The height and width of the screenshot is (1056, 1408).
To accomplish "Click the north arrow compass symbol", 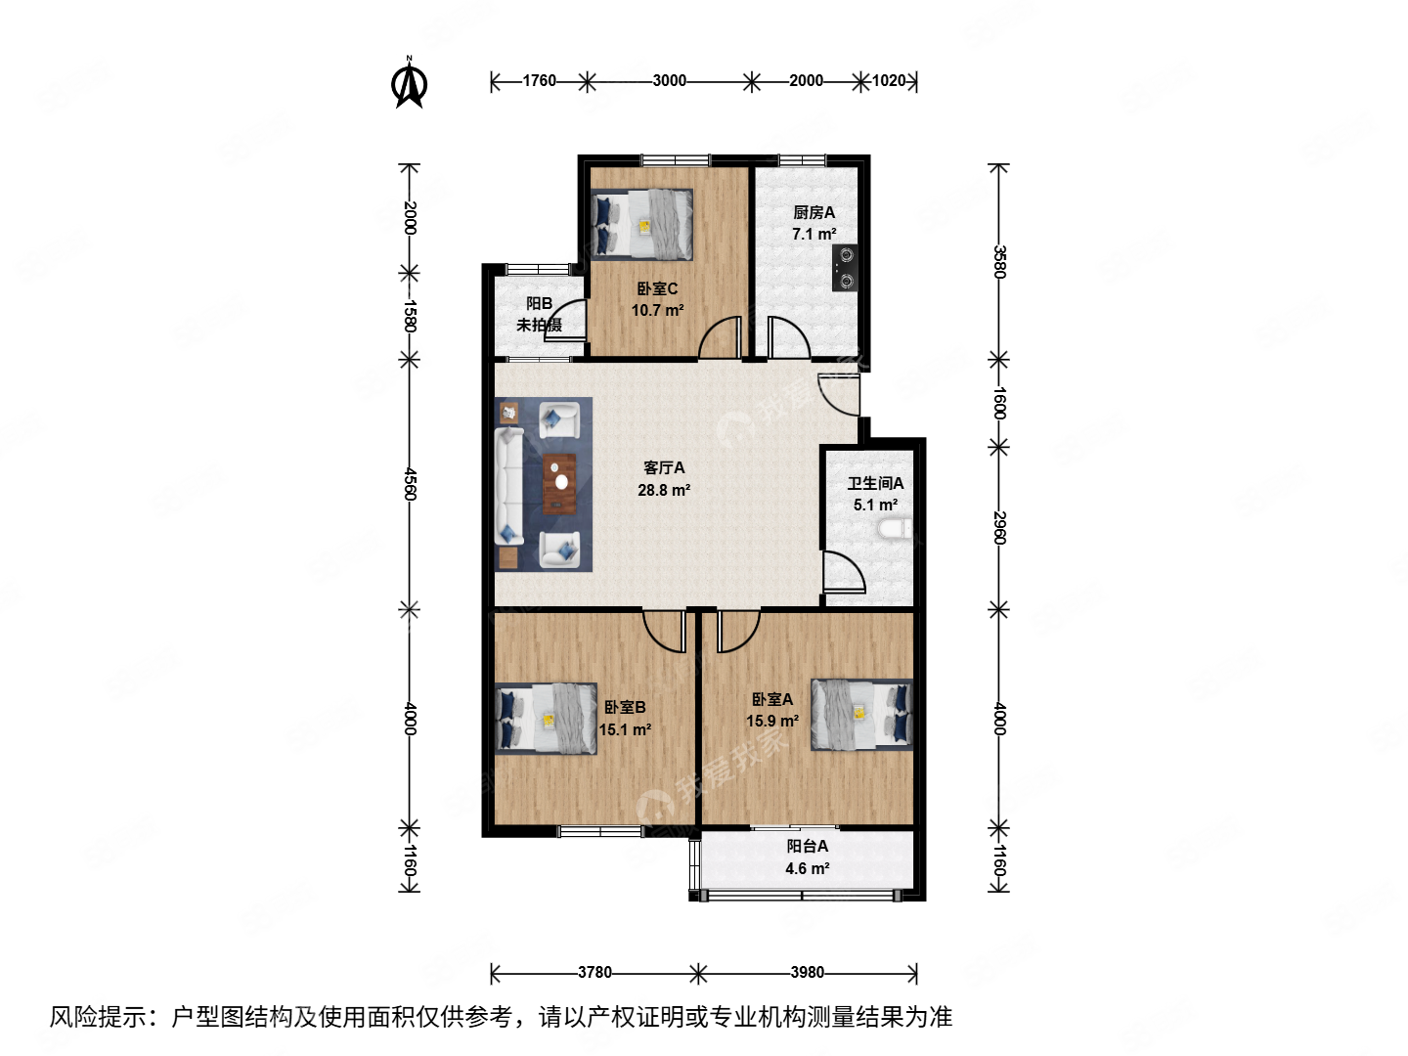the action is pyautogui.click(x=410, y=83).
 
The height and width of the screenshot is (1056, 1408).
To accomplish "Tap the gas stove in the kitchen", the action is pyautogui.click(x=845, y=267).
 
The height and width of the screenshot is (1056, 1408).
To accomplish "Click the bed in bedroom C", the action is pyautogui.click(x=641, y=225).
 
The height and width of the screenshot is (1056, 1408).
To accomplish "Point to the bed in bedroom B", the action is pyautogui.click(x=546, y=718).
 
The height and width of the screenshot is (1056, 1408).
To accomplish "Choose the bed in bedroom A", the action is pyautogui.click(x=861, y=714).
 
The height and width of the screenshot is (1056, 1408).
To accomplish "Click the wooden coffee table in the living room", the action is pyautogui.click(x=559, y=483).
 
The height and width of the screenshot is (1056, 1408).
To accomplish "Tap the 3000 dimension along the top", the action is pyautogui.click(x=669, y=81).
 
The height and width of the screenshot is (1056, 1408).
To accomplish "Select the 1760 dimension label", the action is pyautogui.click(x=539, y=81).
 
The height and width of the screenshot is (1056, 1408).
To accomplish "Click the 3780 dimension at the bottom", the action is pyautogui.click(x=594, y=973).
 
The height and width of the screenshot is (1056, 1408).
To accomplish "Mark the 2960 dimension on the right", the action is pyautogui.click(x=998, y=528).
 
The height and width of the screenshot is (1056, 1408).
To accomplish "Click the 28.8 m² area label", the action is pyautogui.click(x=664, y=491).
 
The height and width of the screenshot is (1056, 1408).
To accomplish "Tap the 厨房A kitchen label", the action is pyautogui.click(x=814, y=212).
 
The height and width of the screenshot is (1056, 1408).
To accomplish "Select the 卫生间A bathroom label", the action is pyautogui.click(x=875, y=483).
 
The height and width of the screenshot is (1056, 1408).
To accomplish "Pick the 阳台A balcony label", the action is pyautogui.click(x=808, y=847).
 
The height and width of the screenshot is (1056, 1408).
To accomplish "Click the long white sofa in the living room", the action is pyautogui.click(x=508, y=487).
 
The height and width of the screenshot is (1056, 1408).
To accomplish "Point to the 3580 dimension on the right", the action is pyautogui.click(x=998, y=262).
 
